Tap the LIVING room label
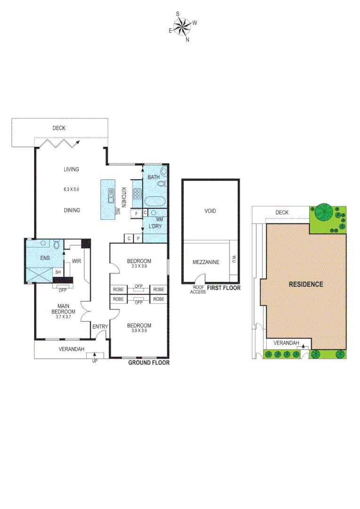tap(72, 169)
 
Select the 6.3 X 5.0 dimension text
tap(72, 189)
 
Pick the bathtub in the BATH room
tap(155, 202)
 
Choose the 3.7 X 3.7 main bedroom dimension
tap(64, 317)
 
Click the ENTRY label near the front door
tap(100, 327)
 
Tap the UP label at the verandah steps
tap(95, 361)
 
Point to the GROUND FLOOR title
tap(149, 363)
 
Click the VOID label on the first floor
tap(210, 211)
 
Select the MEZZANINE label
tap(206, 263)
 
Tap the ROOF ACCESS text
tap(197, 289)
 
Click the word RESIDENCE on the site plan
tap(306, 284)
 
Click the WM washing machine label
tap(159, 220)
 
